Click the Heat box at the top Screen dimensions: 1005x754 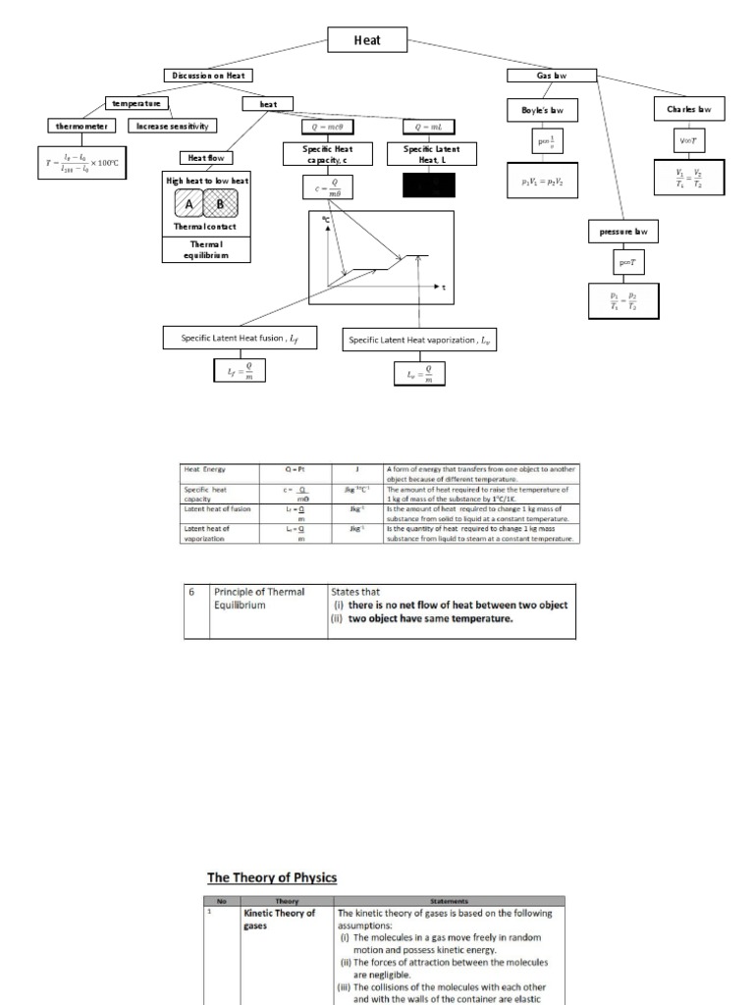point(366,40)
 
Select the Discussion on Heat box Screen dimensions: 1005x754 point(210,76)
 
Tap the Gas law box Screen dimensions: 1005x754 point(552,76)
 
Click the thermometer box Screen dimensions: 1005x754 point(81,126)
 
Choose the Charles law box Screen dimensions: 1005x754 point(689,109)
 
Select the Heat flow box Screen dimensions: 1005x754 point(206,157)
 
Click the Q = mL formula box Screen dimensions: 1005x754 point(429,126)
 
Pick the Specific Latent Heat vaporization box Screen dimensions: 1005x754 point(419,340)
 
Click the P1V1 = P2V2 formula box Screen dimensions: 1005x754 point(549,183)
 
